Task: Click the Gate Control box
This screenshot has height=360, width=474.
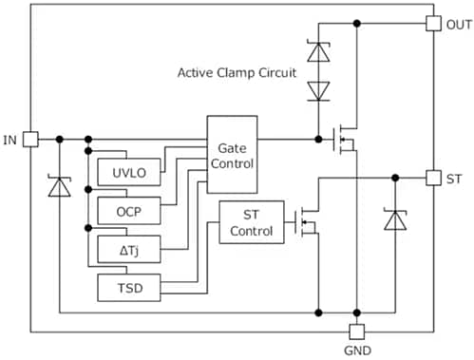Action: pyautogui.click(x=233, y=154)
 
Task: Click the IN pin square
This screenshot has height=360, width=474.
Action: pyautogui.click(x=30, y=140)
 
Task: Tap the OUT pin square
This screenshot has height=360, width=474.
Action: pyautogui.click(x=433, y=24)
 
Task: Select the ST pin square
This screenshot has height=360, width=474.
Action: pyautogui.click(x=433, y=178)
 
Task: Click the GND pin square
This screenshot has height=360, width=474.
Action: pyautogui.click(x=356, y=332)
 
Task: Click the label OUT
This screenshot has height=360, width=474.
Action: pyautogui.click(x=457, y=24)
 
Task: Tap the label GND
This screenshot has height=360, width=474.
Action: pyautogui.click(x=357, y=351)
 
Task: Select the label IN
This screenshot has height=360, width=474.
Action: pyautogui.click(x=10, y=140)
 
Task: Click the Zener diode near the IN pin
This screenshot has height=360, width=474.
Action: pyautogui.click(x=59, y=187)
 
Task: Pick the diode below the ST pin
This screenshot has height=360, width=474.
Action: pyautogui.click(x=394, y=219)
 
